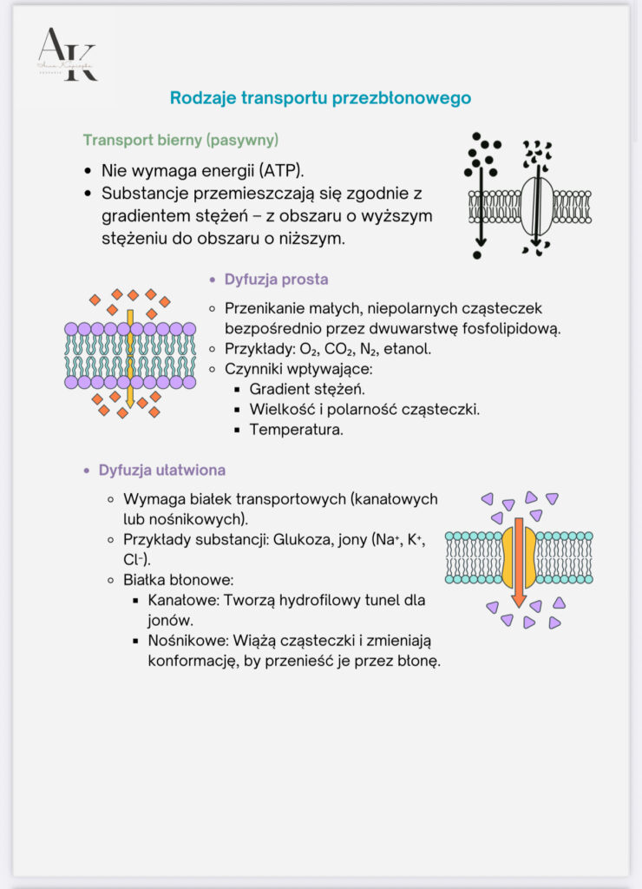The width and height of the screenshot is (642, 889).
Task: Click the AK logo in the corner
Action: [x=66, y=54]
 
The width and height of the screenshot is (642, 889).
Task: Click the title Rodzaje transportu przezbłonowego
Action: [x=320, y=98]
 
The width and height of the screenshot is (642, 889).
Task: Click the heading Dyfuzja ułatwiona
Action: [x=162, y=471]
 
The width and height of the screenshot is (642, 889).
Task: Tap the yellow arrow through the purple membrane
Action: [x=130, y=356]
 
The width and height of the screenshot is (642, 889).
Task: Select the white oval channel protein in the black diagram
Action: [x=536, y=207]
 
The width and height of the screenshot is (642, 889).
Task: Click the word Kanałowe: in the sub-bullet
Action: [x=181, y=601]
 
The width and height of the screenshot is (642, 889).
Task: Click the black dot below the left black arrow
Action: [x=477, y=255]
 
